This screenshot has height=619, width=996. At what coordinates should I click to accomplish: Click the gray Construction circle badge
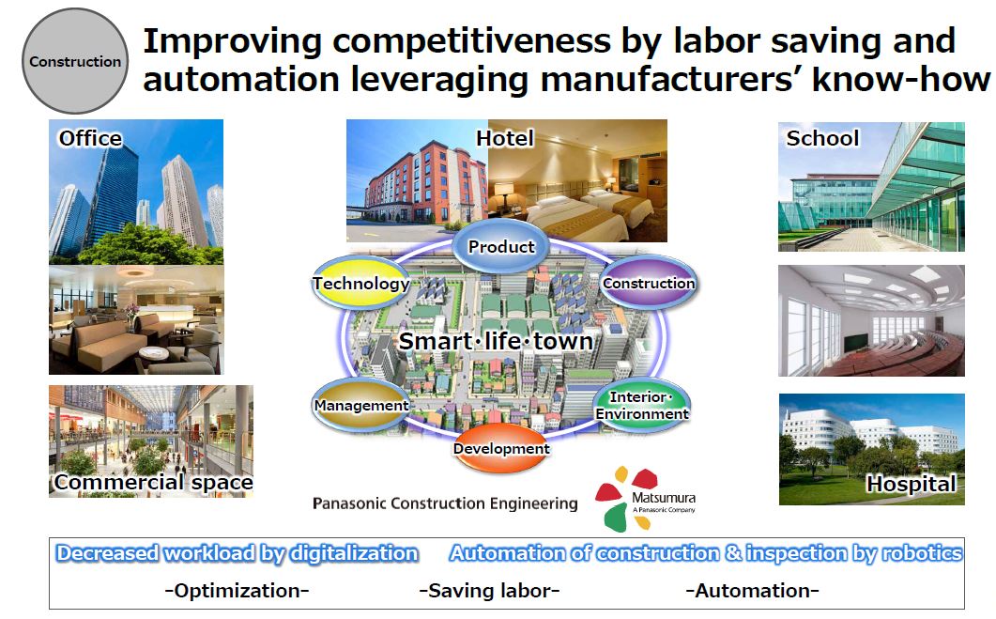pyautogui.click(x=75, y=61)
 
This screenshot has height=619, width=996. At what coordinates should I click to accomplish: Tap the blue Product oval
pyautogui.click(x=501, y=246)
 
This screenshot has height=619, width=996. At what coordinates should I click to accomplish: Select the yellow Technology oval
pyautogui.click(x=360, y=283)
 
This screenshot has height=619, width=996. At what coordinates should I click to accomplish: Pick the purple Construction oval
pyautogui.click(x=649, y=283)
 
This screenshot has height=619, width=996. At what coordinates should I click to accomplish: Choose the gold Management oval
pyautogui.click(x=360, y=405)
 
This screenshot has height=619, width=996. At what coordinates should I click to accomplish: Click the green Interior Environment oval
pyautogui.click(x=641, y=405)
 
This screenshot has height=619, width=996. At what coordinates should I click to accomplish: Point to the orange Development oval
pyautogui.click(x=501, y=448)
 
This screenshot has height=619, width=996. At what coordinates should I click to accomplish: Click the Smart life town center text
pyautogui.click(x=496, y=341)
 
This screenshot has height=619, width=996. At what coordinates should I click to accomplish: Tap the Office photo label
pyautogui.click(x=90, y=138)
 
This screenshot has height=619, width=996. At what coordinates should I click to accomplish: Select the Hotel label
pyautogui.click(x=505, y=138)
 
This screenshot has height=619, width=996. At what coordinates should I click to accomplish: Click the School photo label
pyautogui.click(x=822, y=138)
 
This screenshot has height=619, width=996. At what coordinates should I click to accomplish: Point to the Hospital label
pyautogui.click(x=912, y=484)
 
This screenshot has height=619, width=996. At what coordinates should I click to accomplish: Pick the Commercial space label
pyautogui.click(x=154, y=483)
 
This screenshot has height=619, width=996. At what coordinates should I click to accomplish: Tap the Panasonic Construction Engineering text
pyautogui.click(x=445, y=503)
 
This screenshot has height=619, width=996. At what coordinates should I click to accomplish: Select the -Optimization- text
pyautogui.click(x=237, y=591)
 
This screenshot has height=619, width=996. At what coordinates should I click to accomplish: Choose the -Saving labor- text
pyautogui.click(x=489, y=591)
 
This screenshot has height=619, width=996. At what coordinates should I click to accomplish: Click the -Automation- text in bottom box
pyautogui.click(x=752, y=591)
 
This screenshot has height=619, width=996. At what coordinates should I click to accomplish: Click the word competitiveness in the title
pyautogui.click(x=472, y=41)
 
